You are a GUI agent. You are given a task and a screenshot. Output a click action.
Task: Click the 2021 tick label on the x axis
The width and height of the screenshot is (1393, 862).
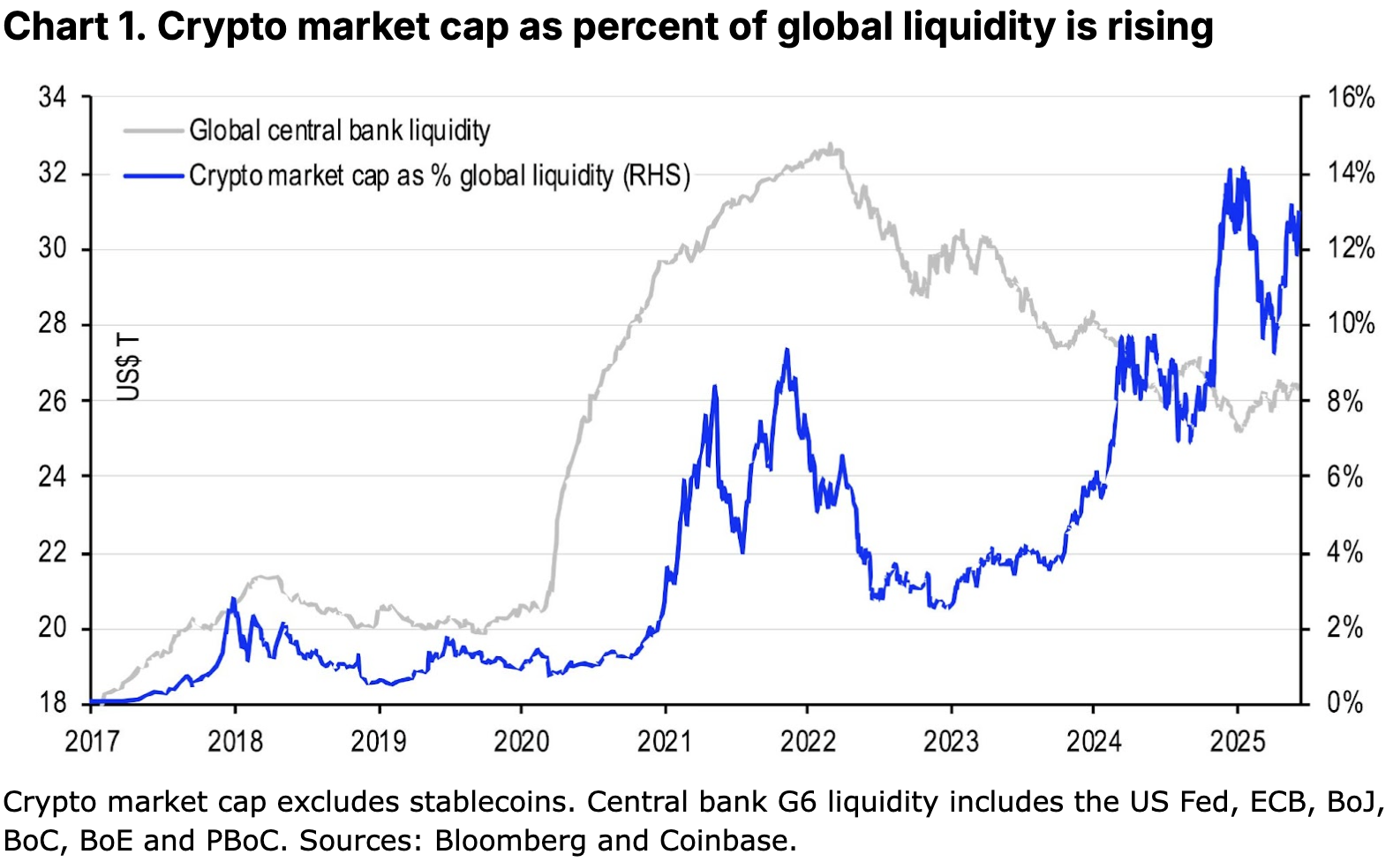(664, 740)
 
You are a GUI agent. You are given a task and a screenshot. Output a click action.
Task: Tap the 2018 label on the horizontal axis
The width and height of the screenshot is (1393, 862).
(235, 740)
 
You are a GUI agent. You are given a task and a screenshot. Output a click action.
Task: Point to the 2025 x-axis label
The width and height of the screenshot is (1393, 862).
(1237, 740)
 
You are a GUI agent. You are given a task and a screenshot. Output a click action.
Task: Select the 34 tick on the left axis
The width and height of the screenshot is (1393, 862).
(52, 96)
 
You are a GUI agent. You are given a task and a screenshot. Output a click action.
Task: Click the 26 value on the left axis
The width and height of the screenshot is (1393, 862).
(52, 401)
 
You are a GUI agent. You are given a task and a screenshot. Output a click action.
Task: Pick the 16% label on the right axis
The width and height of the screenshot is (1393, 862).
(1351, 97)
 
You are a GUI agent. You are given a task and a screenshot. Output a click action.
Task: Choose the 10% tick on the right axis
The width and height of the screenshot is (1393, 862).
(1351, 323)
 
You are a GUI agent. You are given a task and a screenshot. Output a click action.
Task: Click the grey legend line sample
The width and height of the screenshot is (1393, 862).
(154, 131)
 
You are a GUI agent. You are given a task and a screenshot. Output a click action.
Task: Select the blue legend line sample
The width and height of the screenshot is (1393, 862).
(154, 176)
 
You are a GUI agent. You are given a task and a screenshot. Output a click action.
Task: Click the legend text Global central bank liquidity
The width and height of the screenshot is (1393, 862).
(340, 131)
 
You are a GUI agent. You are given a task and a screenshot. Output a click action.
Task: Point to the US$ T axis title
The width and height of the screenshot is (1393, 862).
(129, 367)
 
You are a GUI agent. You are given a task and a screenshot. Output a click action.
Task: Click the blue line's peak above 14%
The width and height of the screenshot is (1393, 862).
(1229, 170)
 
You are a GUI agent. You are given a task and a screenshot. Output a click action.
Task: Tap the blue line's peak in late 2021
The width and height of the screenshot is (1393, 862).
(787, 350)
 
